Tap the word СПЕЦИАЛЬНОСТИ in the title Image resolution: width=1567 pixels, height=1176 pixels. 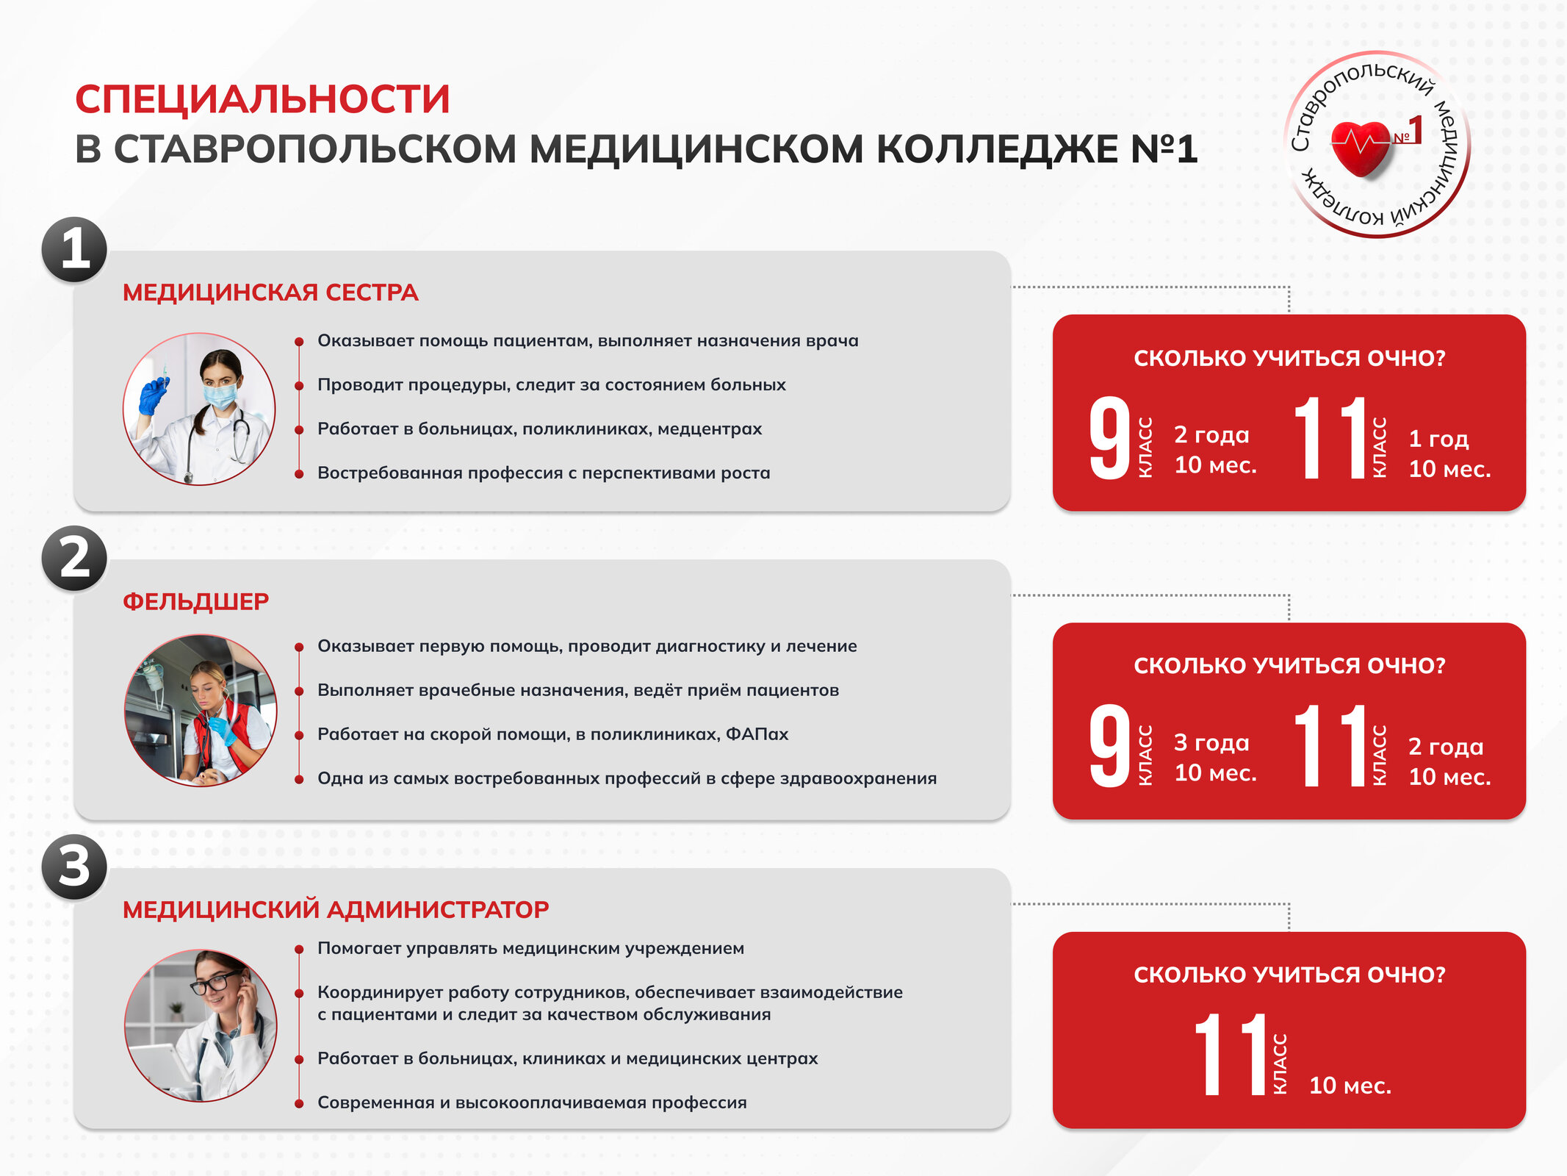coord(262,99)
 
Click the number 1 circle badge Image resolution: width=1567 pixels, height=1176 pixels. coord(74,250)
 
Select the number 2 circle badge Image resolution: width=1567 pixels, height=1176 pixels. coord(74,559)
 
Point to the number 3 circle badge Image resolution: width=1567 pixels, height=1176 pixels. coord(74,867)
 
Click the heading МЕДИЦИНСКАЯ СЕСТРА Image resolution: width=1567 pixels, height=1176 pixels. coord(270,293)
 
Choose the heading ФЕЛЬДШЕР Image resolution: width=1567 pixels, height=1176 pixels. coord(195,601)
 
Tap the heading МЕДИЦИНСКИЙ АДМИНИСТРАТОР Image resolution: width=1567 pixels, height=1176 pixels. coord(336,910)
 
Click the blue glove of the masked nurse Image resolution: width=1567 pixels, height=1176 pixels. coord(154,395)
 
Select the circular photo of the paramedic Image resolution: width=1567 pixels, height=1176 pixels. coord(200,711)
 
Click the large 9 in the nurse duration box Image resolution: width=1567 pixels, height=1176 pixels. coord(1109,438)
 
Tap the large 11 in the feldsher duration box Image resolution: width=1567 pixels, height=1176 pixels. coord(1330,745)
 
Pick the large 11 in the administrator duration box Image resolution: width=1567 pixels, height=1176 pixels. coord(1231,1054)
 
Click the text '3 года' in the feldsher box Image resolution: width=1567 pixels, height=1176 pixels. coord(1211,742)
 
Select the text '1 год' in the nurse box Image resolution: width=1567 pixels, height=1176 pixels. coord(1438,439)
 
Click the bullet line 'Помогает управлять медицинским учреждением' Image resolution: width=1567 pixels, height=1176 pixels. coord(530,948)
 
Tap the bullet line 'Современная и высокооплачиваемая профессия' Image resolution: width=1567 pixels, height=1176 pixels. coord(532,1102)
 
